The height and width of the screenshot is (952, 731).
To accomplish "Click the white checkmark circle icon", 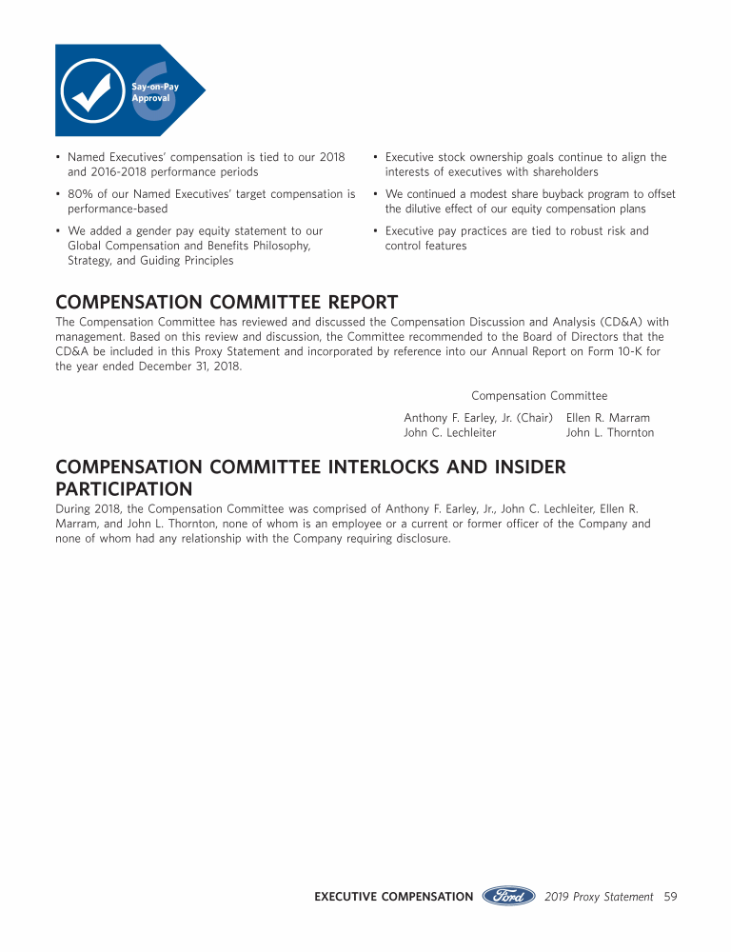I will pyautogui.click(x=91, y=90).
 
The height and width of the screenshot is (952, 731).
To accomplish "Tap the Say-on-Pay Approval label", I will pyautogui.click(x=155, y=92).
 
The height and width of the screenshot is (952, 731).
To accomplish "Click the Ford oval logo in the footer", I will pyautogui.click(x=509, y=896).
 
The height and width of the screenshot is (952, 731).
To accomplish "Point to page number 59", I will pyautogui.click(x=670, y=897).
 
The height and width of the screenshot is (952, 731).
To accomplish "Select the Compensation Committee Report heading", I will pyautogui.click(x=227, y=303).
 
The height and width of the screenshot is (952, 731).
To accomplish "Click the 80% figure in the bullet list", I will pyautogui.click(x=79, y=194).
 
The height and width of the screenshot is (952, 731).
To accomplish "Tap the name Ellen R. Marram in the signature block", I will pyautogui.click(x=607, y=418).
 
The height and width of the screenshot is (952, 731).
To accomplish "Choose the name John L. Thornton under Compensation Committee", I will pyautogui.click(x=609, y=433).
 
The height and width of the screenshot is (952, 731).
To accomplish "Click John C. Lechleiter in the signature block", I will pyautogui.click(x=449, y=433).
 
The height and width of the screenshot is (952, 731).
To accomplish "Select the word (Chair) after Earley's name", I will pyautogui.click(x=534, y=418).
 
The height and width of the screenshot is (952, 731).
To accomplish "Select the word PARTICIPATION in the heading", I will pyautogui.click(x=124, y=489).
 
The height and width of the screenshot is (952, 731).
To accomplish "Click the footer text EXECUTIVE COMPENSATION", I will pyautogui.click(x=393, y=897).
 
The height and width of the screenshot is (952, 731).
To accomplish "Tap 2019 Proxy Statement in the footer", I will pyautogui.click(x=599, y=897).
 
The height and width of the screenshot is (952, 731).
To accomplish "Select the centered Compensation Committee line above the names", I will pyautogui.click(x=539, y=396).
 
